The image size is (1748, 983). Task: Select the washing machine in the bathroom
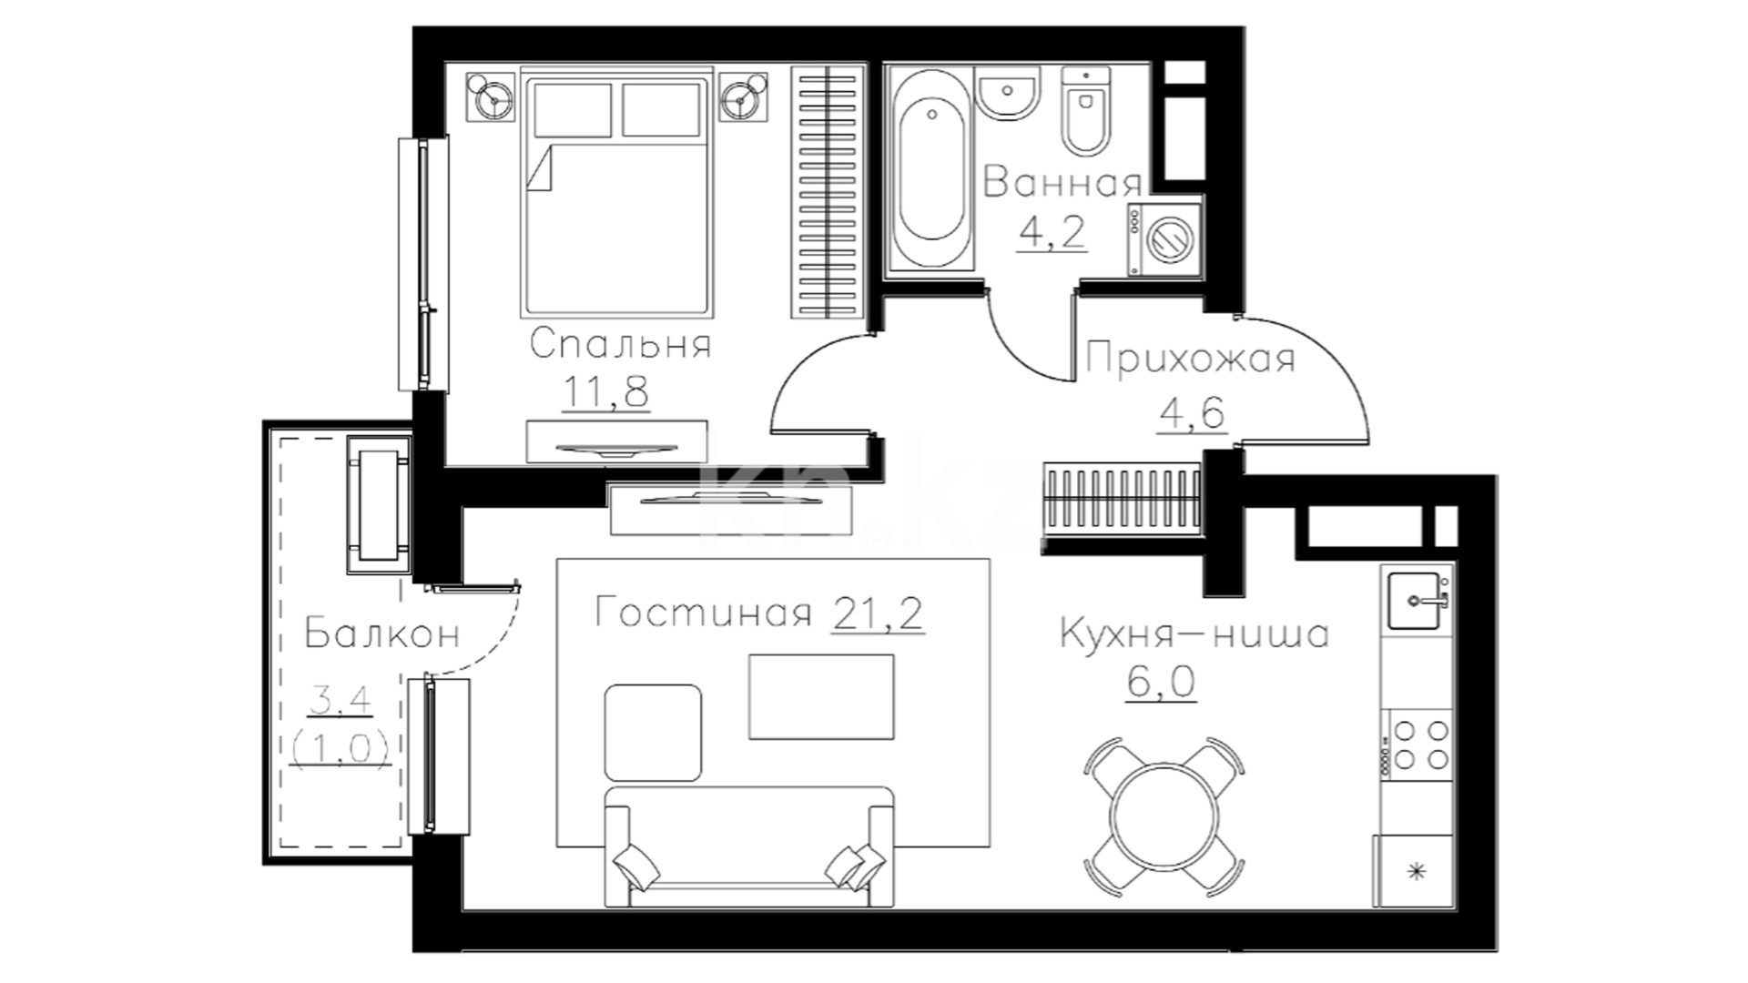click(x=1164, y=238)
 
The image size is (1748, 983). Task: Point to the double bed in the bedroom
click(x=615, y=196)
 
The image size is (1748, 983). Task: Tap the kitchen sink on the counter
click(x=1416, y=600)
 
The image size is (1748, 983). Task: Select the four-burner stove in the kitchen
click(x=1418, y=744)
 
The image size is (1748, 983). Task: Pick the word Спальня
click(x=620, y=345)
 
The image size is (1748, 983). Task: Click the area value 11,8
click(x=606, y=393)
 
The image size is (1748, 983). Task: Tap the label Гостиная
click(x=702, y=613)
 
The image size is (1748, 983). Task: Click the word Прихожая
click(x=1191, y=358)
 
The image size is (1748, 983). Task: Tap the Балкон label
click(x=382, y=633)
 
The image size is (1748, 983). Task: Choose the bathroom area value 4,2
click(x=1052, y=232)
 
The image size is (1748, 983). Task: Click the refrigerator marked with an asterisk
click(x=1417, y=871)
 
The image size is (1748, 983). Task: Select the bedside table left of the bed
click(x=492, y=96)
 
